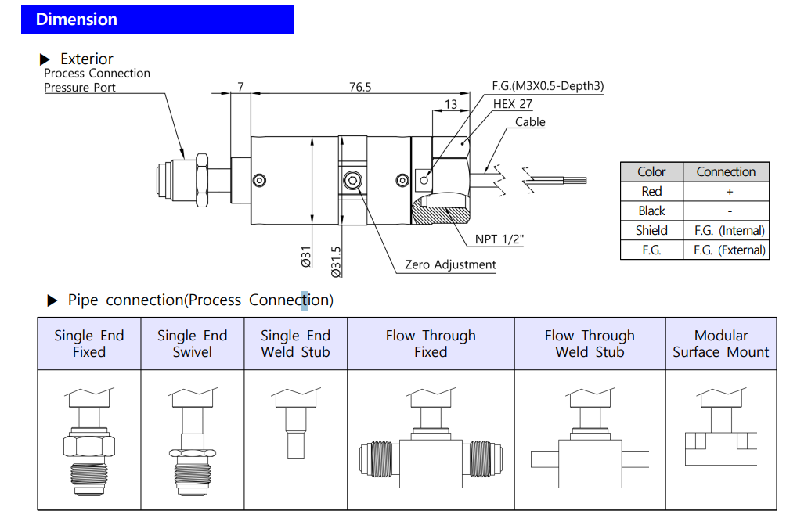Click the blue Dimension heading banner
(157, 20)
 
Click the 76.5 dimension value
(360, 87)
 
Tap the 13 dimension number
(451, 104)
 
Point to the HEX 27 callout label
(512, 103)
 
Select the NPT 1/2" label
(499, 239)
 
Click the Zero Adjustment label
(450, 264)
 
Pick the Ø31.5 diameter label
(336, 261)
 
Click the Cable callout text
(530, 122)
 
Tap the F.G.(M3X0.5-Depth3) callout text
(548, 86)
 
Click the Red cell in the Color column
(651, 191)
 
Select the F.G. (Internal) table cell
(730, 231)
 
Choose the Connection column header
(726, 171)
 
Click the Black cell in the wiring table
(651, 211)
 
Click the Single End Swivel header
(192, 344)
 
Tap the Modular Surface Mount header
(721, 344)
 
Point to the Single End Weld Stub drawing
(295, 423)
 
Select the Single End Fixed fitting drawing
(89, 441)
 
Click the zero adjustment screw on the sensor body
(353, 181)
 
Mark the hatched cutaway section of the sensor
(440, 210)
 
